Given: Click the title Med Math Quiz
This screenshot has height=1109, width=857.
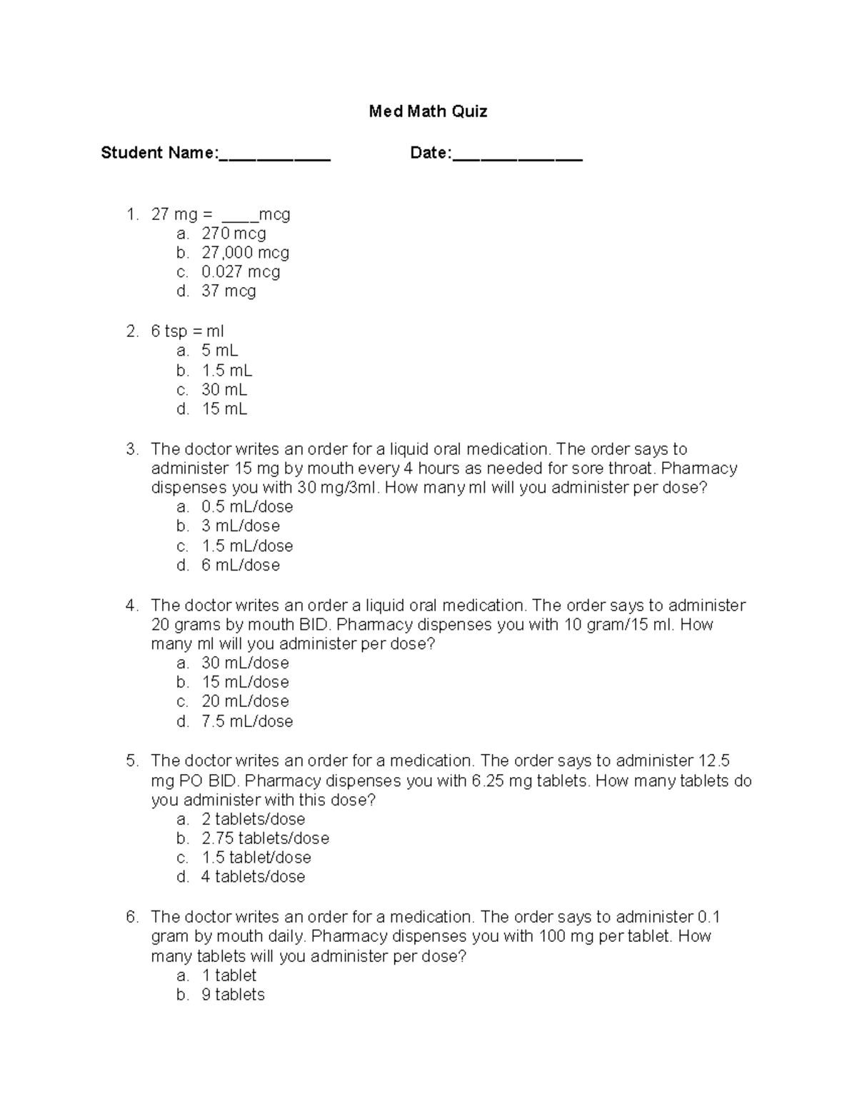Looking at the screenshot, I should pyautogui.click(x=428, y=111).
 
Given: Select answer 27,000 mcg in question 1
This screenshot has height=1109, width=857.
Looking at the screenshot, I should pyautogui.click(x=245, y=253).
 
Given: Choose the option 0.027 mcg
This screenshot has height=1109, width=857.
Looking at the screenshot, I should pyautogui.click(x=241, y=272).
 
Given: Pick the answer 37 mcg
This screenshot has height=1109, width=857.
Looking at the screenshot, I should pyautogui.click(x=229, y=291).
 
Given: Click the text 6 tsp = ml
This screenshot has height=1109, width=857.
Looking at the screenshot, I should pyautogui.click(x=187, y=331).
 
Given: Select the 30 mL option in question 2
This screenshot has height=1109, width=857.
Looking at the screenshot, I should pyautogui.click(x=224, y=390).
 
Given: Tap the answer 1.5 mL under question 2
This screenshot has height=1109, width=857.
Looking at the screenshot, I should pyautogui.click(x=226, y=371).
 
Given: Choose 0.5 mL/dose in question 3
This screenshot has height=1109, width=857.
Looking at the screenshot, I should pyautogui.click(x=247, y=507).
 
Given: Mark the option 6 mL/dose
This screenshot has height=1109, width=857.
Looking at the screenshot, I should pyautogui.click(x=241, y=566).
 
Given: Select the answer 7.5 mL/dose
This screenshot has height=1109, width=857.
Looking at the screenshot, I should pyautogui.click(x=247, y=721).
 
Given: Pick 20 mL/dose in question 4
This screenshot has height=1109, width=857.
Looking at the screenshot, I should pyautogui.click(x=245, y=701).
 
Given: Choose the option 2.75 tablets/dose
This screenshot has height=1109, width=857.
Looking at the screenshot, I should pyautogui.click(x=265, y=838).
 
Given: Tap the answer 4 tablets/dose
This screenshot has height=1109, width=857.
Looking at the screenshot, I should pyautogui.click(x=253, y=877).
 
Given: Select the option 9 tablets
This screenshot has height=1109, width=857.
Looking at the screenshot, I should pyautogui.click(x=233, y=995).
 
